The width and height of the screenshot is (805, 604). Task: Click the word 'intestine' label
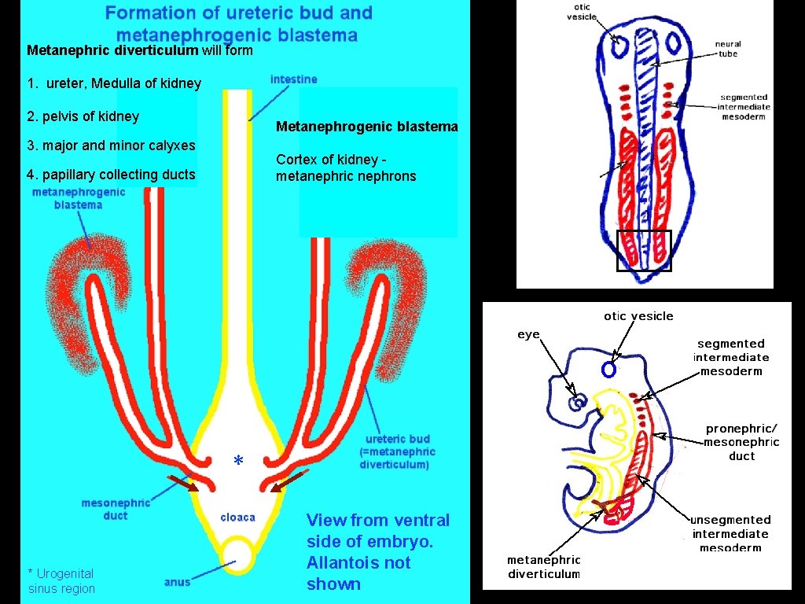pyautogui.click(x=293, y=79)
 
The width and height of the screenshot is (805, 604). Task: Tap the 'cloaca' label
pyautogui.click(x=237, y=517)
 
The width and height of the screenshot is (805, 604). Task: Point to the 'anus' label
pyautogui.click(x=177, y=582)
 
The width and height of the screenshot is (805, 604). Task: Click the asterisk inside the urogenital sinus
pyautogui.click(x=238, y=461)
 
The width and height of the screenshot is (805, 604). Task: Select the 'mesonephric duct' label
pyautogui.click(x=116, y=509)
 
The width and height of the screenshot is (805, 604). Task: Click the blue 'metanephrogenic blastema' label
pyautogui.click(x=78, y=198)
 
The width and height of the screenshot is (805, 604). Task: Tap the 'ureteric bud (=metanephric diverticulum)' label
pyautogui.click(x=397, y=451)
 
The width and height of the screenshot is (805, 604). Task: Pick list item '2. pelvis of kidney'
pyautogui.click(x=83, y=116)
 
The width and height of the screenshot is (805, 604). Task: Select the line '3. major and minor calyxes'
pyautogui.click(x=111, y=145)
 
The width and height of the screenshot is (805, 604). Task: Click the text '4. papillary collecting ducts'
pyautogui.click(x=111, y=175)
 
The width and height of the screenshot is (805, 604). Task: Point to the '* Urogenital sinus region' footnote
pyautogui.click(x=61, y=581)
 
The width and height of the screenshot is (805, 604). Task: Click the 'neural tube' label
pyautogui.click(x=727, y=49)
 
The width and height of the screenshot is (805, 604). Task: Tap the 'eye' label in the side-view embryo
pyautogui.click(x=528, y=335)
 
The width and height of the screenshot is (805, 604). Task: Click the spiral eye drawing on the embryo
pyautogui.click(x=579, y=403)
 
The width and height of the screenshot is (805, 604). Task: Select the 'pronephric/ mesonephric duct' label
pyautogui.click(x=741, y=442)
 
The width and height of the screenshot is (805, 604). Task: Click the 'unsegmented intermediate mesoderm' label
pyautogui.click(x=730, y=533)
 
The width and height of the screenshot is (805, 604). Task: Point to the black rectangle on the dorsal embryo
pyautogui.click(x=644, y=250)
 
